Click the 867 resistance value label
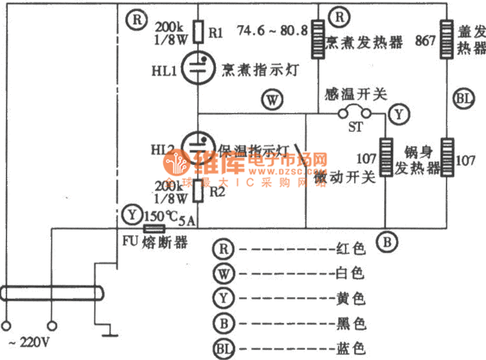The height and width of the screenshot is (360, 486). click(x=425, y=41)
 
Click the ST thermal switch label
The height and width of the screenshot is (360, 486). click(x=354, y=127)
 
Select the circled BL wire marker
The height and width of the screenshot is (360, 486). click(x=462, y=99)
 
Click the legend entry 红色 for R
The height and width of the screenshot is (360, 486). click(x=352, y=249)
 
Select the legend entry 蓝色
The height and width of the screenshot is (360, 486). click(x=352, y=348)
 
